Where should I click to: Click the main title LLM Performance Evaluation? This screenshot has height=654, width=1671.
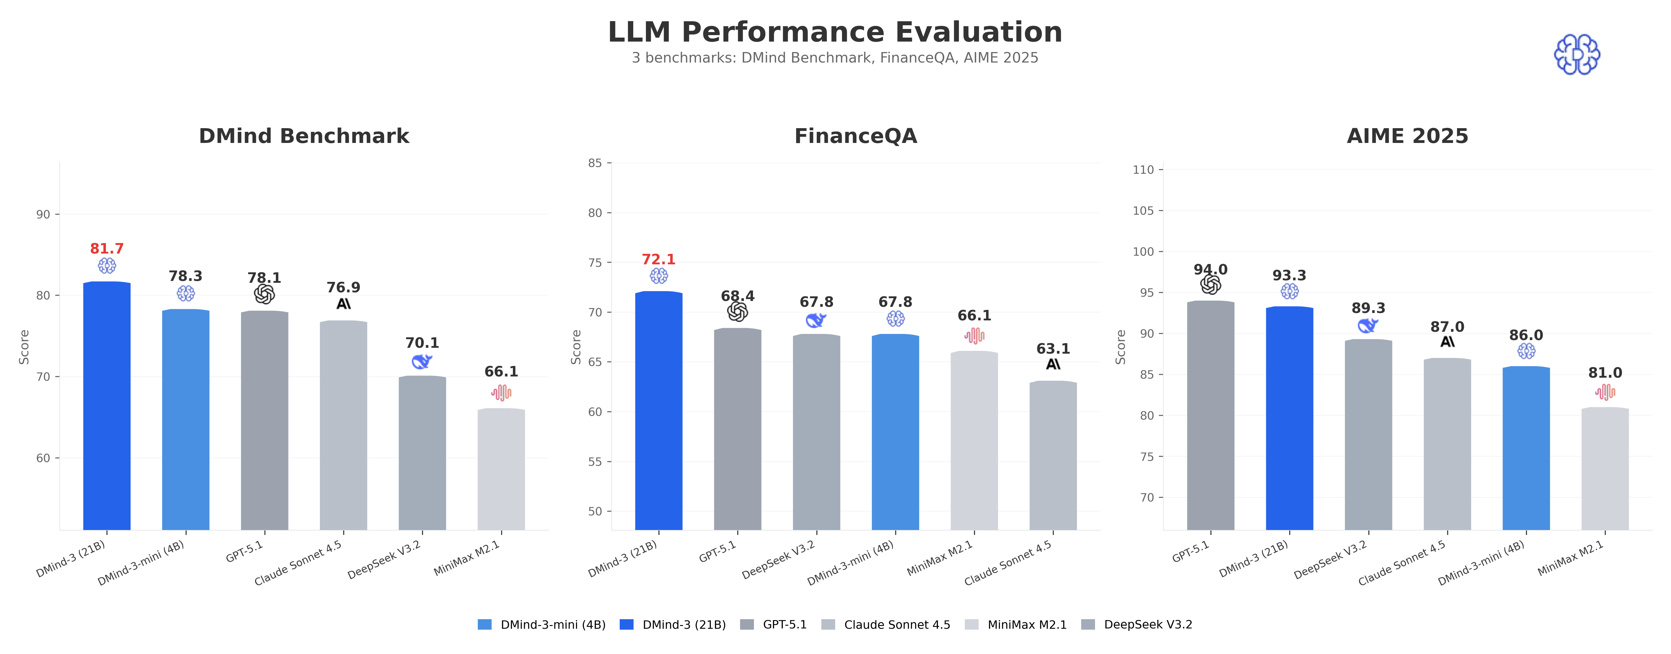click(835, 32)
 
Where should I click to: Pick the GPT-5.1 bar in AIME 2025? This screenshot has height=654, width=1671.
click(1210, 415)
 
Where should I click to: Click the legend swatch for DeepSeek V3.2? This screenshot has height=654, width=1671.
click(1088, 625)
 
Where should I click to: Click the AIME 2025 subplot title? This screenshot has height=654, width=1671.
click(1407, 136)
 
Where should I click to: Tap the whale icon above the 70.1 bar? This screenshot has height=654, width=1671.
click(422, 361)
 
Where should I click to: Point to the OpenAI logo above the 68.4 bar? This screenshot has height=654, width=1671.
click(738, 312)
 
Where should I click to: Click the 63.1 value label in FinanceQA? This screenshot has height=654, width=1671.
click(1053, 349)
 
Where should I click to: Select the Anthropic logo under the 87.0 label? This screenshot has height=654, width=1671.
click(1447, 342)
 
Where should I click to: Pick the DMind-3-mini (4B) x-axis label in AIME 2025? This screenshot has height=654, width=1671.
click(1482, 563)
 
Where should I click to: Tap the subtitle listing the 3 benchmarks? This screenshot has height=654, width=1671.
click(835, 58)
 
